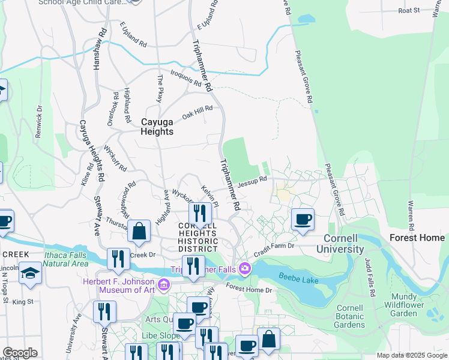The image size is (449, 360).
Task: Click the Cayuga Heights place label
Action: pyautogui.click(x=157, y=127)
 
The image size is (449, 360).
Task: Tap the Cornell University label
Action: pyautogui.click(x=340, y=244)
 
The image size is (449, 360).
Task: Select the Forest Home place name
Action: pyautogui.click(x=416, y=237)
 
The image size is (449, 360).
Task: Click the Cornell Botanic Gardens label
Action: pyautogui.click(x=349, y=316)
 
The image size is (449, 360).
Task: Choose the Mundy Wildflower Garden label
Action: pyautogui.click(x=412, y=305)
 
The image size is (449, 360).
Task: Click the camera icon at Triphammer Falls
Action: pyautogui.click(x=244, y=268)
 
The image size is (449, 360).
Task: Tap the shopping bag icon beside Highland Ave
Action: pyautogui.click(x=139, y=232)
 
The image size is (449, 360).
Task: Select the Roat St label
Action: pyautogui.click(x=409, y=11)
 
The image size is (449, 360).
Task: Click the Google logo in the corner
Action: pyautogui.click(x=19, y=353)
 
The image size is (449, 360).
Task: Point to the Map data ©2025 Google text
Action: pyautogui.click(x=411, y=355)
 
